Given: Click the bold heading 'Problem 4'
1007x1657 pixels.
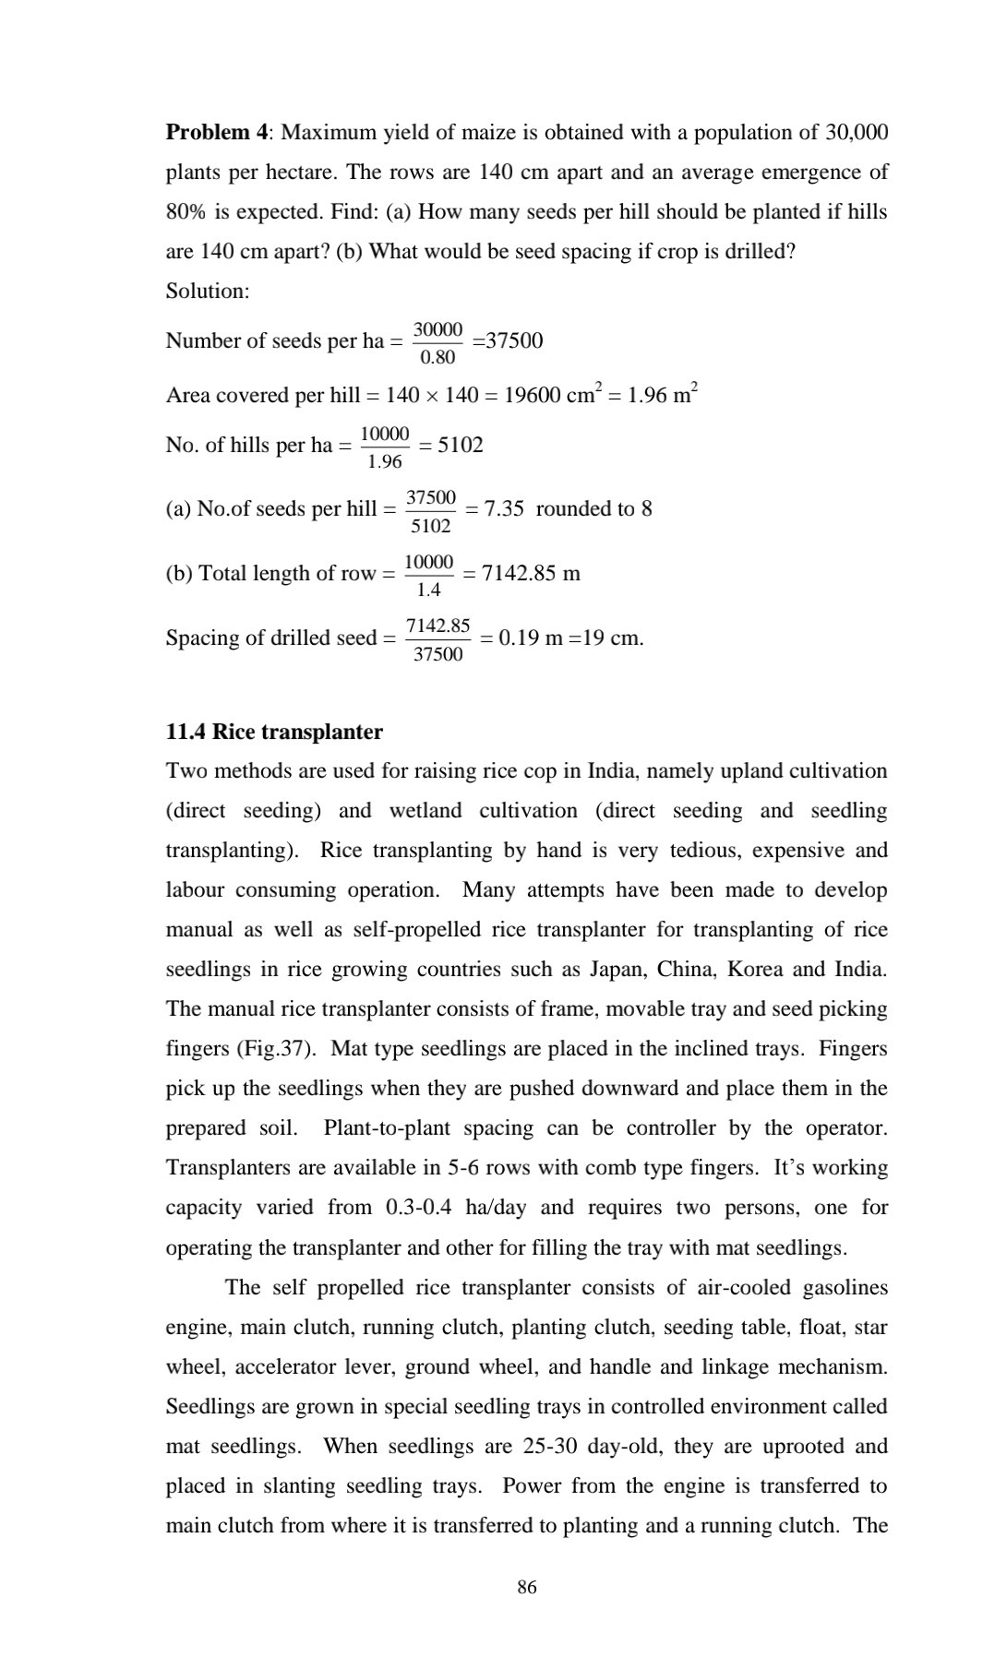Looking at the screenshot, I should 217,133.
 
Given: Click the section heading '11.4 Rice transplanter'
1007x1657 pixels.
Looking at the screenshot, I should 274,732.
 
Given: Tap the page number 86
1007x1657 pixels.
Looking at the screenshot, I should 527,1587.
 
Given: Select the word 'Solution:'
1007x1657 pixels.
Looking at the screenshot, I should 208,291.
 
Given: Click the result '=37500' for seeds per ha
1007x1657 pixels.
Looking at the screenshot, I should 509,340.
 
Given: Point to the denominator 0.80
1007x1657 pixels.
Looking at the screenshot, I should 438,356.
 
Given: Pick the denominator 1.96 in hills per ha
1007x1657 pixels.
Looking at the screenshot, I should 384,461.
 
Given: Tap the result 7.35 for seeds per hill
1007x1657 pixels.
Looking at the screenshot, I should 504,509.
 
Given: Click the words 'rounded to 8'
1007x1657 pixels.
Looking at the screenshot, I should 593,509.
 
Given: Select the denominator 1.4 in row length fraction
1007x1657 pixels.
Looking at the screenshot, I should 428,590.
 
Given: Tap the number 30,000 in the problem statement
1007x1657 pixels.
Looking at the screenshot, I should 857,133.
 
